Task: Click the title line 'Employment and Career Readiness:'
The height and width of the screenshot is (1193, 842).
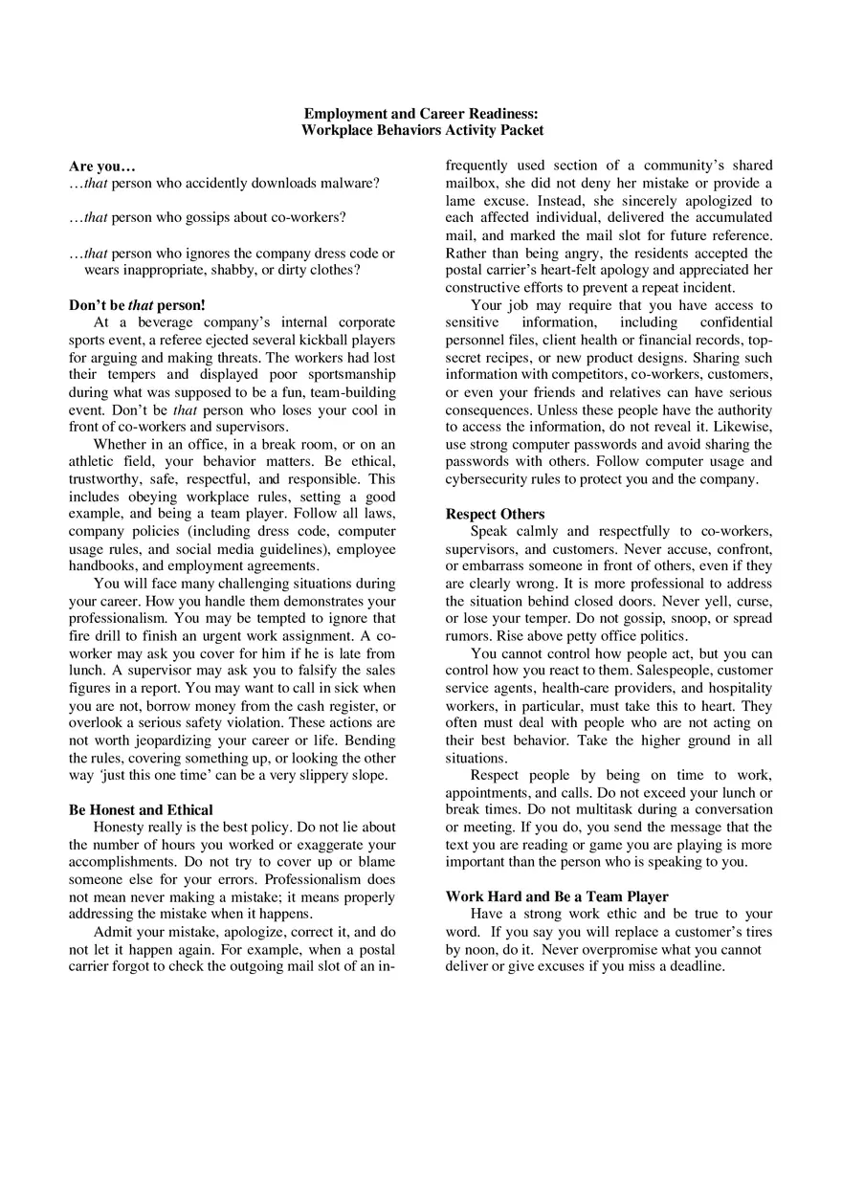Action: click(421, 113)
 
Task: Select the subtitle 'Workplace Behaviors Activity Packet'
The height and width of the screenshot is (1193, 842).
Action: click(421, 130)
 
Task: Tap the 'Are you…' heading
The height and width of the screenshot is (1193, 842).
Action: click(102, 166)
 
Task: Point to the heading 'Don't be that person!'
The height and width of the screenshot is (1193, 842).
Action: click(137, 305)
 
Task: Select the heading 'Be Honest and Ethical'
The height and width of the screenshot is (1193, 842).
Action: click(141, 810)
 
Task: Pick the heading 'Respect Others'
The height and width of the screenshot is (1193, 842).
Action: click(495, 514)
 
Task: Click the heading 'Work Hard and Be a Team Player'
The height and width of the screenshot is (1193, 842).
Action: click(557, 897)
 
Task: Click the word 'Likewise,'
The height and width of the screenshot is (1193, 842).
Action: click(743, 427)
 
